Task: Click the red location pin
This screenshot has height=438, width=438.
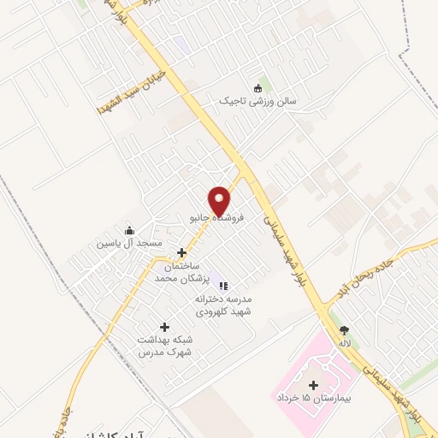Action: click(x=220, y=199)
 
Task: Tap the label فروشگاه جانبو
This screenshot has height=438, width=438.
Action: click(x=216, y=218)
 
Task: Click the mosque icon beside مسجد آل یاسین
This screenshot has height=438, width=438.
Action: click(x=129, y=229)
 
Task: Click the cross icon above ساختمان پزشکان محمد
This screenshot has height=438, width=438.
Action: click(x=181, y=252)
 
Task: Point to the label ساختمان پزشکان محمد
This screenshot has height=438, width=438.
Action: click(x=177, y=273)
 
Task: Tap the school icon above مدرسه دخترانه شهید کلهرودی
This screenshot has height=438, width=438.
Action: click(x=222, y=285)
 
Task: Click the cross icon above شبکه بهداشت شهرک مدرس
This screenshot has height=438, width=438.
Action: click(x=164, y=327)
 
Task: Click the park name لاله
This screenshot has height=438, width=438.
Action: click(x=344, y=343)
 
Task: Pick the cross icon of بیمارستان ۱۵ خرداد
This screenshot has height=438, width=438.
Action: click(x=313, y=384)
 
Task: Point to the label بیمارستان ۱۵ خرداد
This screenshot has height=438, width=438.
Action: click(x=313, y=399)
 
